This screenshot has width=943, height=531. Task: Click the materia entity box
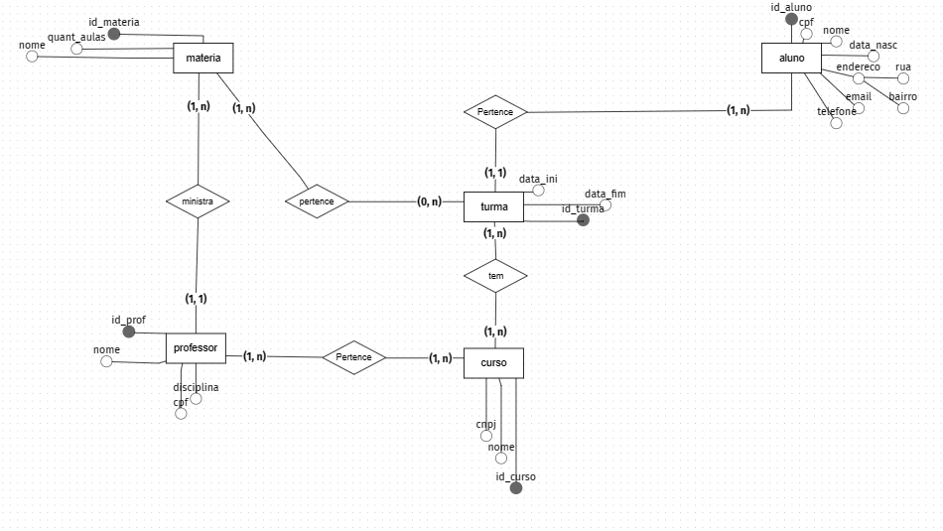click(202, 59)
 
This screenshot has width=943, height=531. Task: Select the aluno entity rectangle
click(791, 59)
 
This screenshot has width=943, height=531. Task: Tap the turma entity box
click(494, 207)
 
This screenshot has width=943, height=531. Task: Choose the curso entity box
click(493, 363)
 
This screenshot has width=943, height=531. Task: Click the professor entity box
click(196, 348)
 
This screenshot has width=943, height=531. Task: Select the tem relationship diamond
click(495, 275)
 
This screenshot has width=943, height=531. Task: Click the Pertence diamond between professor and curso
click(353, 357)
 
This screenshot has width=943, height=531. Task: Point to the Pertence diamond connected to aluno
click(494, 112)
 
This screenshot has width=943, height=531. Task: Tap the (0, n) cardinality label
click(430, 201)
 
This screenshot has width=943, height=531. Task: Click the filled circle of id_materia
click(114, 34)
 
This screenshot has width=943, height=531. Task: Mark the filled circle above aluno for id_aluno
click(791, 19)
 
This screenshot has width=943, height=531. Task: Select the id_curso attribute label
click(515, 477)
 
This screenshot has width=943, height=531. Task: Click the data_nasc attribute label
click(874, 46)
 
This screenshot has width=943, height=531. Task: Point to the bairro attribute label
click(902, 96)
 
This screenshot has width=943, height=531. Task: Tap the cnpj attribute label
click(485, 424)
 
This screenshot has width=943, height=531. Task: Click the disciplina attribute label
click(196, 387)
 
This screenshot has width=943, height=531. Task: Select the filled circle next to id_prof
click(128, 332)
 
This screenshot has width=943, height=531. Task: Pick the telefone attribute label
click(836, 111)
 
